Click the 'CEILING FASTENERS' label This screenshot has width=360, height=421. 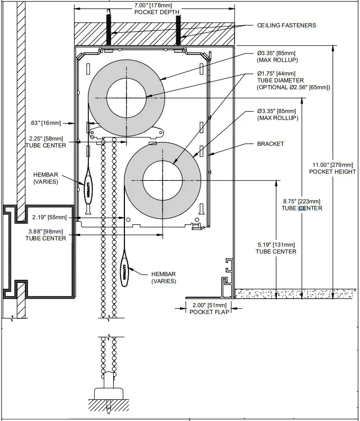coord(286,25)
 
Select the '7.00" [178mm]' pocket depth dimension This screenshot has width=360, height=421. coord(153,5)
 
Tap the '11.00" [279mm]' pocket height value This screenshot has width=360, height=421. coord(332,165)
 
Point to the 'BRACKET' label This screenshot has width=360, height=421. coord(271,144)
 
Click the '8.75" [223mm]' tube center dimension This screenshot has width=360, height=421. coord(302,202)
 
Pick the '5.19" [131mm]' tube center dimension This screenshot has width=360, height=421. coord(276,245)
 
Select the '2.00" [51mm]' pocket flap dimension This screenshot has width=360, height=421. coord(210,305)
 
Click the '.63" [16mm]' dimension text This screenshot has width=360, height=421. coord(46,123)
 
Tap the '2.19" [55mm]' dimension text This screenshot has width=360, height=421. coord(49,217)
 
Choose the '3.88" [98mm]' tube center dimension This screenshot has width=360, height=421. coord(46,232)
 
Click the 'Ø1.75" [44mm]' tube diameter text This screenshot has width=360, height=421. coord(276,74)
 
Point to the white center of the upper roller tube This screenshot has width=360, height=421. coord(127,98)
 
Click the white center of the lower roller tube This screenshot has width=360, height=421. coord(163,181)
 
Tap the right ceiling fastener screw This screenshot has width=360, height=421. coord(178,30)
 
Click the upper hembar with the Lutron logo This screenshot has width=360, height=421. coord(88,189)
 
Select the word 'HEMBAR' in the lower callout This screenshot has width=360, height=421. coord(164,274)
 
